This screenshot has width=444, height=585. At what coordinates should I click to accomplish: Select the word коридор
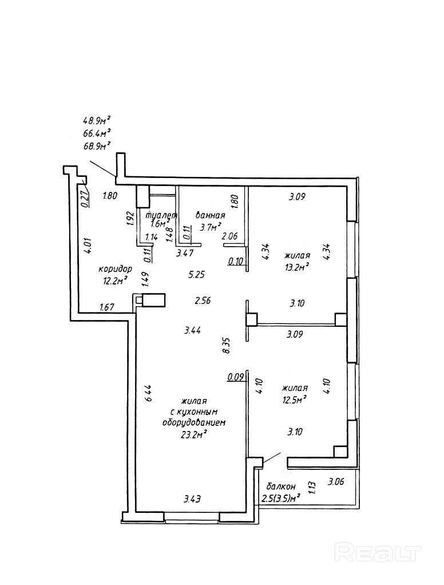tap(115, 268)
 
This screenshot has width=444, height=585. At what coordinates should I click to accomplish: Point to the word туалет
tap(162, 215)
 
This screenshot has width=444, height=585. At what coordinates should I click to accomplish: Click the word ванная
tap(210, 215)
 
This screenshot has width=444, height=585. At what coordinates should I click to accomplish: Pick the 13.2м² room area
tap(297, 266)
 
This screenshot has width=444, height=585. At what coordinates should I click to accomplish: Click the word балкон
tap(277, 486)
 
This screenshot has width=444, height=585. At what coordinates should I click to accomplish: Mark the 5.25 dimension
tap(197, 274)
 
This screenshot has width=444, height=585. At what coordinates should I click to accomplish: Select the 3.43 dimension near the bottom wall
tap(192, 499)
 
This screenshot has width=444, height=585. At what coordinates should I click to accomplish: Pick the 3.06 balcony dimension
tap(336, 481)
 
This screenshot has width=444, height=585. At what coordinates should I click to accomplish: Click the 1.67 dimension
tap(107, 307)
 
